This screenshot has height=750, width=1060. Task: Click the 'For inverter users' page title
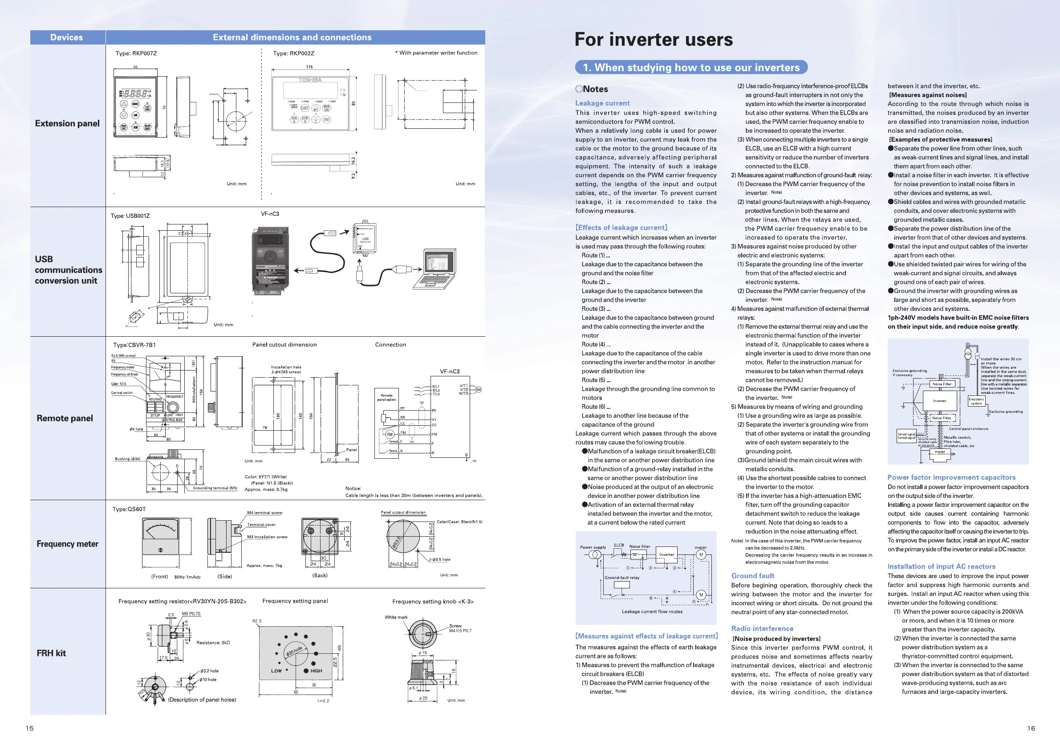(653, 40)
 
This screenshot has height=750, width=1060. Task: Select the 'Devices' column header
(66, 37)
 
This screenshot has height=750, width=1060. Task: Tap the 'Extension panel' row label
(67, 123)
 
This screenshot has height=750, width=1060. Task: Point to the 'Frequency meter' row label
(67, 544)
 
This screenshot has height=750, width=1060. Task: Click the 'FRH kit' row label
(51, 653)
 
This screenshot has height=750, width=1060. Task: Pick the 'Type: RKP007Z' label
(136, 53)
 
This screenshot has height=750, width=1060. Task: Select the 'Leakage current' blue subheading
(602, 103)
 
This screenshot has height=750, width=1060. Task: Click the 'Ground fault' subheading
(752, 576)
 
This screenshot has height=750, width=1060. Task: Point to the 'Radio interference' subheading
(762, 628)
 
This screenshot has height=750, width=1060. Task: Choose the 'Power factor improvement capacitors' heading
(951, 477)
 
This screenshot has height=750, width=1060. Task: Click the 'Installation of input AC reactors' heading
(941, 567)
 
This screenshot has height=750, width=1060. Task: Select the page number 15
(29, 728)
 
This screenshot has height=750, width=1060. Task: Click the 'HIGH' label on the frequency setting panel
(316, 671)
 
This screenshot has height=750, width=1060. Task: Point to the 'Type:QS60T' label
(129, 510)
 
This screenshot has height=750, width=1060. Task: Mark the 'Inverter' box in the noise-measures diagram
(939, 401)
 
